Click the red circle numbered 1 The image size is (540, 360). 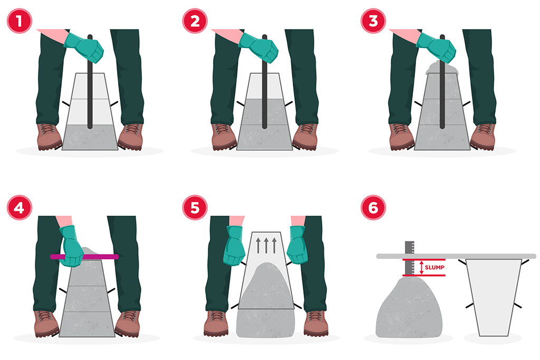(20, 21)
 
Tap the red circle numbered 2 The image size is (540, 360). (195, 21)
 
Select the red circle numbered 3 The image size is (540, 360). (373, 21)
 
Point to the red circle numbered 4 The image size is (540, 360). (20, 208)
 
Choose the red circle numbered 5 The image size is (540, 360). (195, 208)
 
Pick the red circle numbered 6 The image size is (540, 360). (373, 208)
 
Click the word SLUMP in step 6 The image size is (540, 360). (435, 267)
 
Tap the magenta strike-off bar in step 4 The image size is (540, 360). (84, 256)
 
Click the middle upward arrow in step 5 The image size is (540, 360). (266, 246)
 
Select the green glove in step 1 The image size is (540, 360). (84, 47)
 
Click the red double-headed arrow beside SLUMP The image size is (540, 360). (421, 267)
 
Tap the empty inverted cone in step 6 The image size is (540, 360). (494, 297)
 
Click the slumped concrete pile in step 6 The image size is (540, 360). (409, 307)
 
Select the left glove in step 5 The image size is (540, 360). (234, 246)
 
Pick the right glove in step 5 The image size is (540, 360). (297, 245)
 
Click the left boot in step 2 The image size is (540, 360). (224, 137)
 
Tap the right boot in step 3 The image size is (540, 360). (483, 137)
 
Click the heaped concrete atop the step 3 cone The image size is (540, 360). (442, 68)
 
